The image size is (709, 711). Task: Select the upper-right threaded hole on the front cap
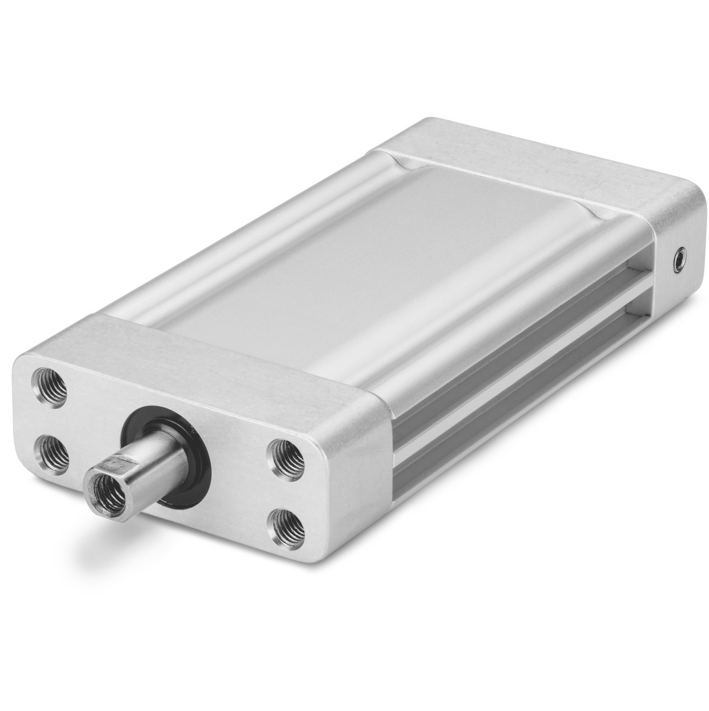coord(286,456)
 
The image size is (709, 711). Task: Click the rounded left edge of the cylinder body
coord(225,249)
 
